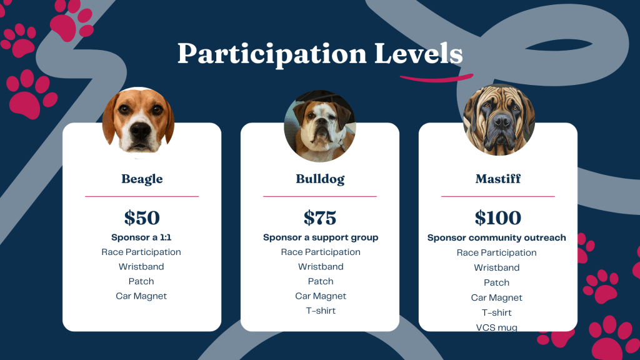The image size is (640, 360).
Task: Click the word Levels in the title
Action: [x=418, y=54]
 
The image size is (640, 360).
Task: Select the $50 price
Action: [x=142, y=217]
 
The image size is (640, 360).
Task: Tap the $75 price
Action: [x=320, y=217]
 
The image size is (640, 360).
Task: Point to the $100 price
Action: [x=498, y=217]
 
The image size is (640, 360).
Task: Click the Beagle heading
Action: [x=142, y=179]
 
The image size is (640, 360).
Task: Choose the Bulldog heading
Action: [x=320, y=179]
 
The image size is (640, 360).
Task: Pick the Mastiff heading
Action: [x=498, y=179]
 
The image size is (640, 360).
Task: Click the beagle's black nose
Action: [x=140, y=130]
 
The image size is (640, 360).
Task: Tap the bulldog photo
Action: [x=320, y=126]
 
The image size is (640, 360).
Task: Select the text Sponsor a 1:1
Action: [x=141, y=237]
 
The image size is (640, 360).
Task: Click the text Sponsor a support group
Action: [x=321, y=237]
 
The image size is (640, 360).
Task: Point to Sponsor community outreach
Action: [x=497, y=238]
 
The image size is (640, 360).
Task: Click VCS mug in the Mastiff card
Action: [x=497, y=327]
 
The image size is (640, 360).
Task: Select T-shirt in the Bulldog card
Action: [x=321, y=311]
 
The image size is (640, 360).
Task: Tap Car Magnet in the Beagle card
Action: [x=141, y=296]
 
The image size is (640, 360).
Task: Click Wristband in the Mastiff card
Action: [x=497, y=267]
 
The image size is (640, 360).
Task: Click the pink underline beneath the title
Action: [x=436, y=78]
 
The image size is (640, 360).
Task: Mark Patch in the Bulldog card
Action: [x=321, y=282]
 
